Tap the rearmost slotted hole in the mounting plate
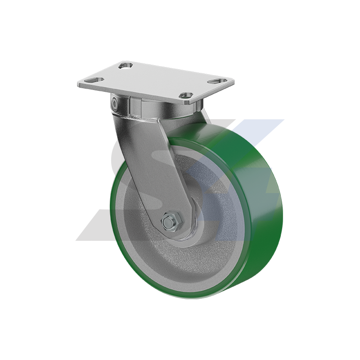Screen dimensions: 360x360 pos(125,67)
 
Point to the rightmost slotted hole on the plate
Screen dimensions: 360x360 pos(219,81)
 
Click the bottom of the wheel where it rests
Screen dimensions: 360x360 pos(198,297)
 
